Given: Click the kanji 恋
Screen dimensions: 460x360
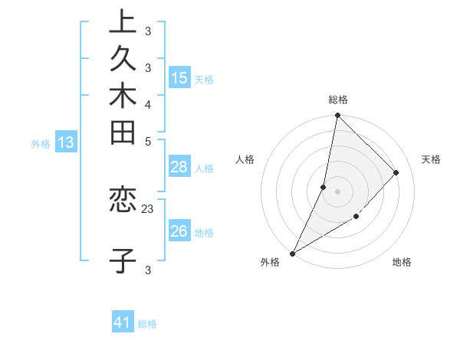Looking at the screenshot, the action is coord(123,201).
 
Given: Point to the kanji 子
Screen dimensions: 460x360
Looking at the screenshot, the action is coord(123,260).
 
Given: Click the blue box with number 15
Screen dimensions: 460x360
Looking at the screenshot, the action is coord(179,78).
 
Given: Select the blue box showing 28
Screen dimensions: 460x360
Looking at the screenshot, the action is coord(179,168).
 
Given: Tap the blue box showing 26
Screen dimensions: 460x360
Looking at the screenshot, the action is coord(179,231).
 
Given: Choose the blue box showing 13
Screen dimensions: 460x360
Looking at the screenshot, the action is coord(66,142).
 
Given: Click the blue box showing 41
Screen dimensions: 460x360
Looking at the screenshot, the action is coord(123,323).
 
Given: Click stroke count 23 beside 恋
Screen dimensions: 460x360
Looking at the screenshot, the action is coord(148,208).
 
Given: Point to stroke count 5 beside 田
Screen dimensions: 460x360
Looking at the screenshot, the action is coord(147,141).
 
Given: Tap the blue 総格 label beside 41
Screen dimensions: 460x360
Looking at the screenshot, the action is coord(148,324).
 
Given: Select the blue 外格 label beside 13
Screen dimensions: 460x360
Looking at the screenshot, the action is coord(41,142).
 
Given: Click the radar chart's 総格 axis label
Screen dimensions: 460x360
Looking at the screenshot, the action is coord(338,100).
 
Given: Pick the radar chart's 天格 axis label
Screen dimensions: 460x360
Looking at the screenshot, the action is coord(431,159).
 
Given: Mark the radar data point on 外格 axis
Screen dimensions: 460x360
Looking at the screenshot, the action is coord(292,254).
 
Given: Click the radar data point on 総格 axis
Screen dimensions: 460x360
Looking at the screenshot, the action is coord(337,115).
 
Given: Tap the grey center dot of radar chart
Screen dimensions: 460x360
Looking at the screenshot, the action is coord(337,191).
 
